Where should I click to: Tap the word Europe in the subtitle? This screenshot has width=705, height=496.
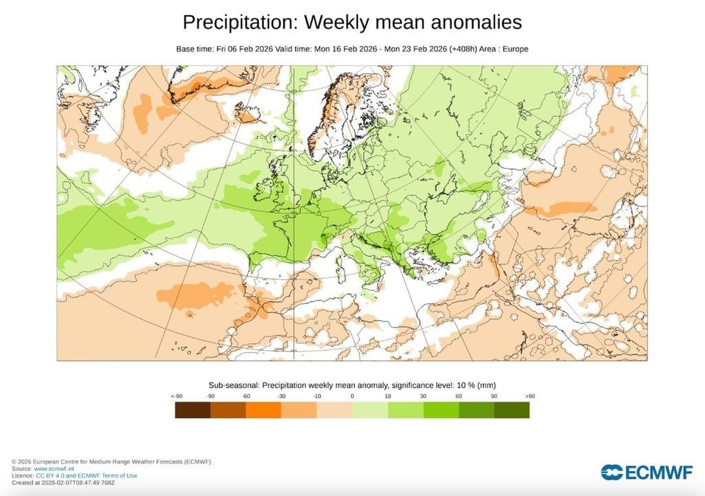click(x=515, y=49)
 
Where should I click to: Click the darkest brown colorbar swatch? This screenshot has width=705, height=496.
click(x=193, y=410)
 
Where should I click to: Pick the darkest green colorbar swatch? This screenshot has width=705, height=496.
click(x=512, y=410)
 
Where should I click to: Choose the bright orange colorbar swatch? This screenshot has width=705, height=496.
click(x=263, y=410)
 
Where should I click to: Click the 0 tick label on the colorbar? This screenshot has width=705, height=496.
click(x=352, y=396)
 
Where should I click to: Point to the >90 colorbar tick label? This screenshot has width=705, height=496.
click(x=530, y=396)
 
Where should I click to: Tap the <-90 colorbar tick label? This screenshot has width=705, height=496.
click(x=176, y=396)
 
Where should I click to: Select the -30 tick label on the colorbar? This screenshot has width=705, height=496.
click(x=281, y=396)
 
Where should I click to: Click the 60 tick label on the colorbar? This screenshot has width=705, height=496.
click(x=458, y=396)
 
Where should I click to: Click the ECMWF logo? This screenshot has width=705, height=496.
click(x=646, y=473)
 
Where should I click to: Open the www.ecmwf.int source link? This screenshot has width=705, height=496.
click(x=54, y=469)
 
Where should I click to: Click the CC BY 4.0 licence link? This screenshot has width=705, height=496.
click(x=50, y=476)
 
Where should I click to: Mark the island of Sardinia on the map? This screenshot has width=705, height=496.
click(x=340, y=266)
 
